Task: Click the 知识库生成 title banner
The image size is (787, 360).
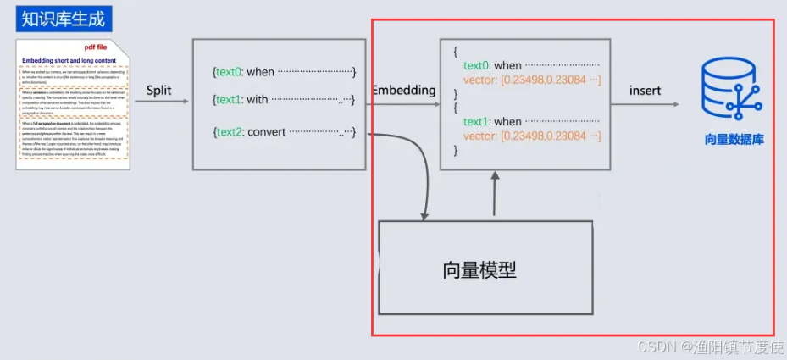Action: pos(64,17)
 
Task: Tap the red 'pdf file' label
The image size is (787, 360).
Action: pos(95,47)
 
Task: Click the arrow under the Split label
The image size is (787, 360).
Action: pos(162,102)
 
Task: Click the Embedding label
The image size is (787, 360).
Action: pos(403,90)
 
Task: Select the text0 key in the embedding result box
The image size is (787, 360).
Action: pos(476,65)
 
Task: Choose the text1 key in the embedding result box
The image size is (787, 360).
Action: pos(476,121)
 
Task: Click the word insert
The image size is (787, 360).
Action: pos(646,91)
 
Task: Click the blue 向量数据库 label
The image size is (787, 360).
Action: pos(734,139)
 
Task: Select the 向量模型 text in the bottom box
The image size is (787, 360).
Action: pos(479,270)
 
